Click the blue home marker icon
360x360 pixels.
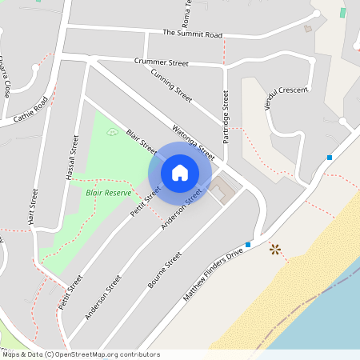(180, 172)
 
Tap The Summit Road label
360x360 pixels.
(192, 34)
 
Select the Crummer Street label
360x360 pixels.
(161, 62)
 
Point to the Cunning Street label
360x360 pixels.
(171, 83)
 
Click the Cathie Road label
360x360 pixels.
(31, 110)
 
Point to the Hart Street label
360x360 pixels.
(34, 206)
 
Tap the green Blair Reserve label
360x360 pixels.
(108, 193)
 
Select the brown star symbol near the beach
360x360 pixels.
(276, 250)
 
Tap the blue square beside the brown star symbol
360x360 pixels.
(248, 244)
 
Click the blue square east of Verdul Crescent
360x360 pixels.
(329, 158)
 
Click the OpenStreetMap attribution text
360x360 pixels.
(81, 354)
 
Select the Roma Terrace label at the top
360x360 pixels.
(186, 11)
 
